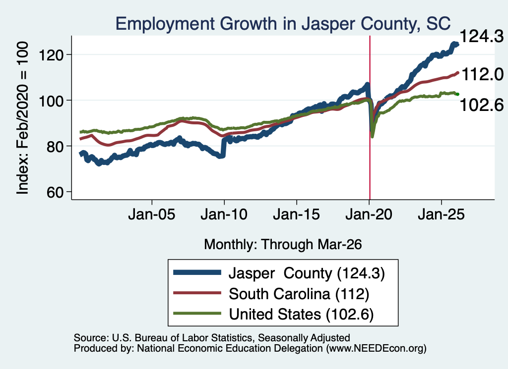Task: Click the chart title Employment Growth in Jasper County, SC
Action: click(x=283, y=24)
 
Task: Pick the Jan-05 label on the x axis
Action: click(x=152, y=214)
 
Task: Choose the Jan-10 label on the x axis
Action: click(x=224, y=214)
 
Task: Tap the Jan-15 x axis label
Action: click(x=297, y=214)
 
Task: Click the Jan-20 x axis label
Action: click(x=369, y=214)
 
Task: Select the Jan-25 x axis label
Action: click(x=441, y=214)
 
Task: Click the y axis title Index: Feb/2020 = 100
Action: click(x=22, y=118)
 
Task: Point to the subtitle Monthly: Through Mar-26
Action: click(x=283, y=245)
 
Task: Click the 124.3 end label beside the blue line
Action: click(x=482, y=36)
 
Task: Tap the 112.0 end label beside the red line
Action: click(x=482, y=74)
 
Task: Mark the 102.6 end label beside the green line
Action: click(x=482, y=105)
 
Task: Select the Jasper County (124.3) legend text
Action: click(x=307, y=273)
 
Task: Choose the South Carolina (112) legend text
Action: click(x=299, y=294)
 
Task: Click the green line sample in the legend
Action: click(x=197, y=314)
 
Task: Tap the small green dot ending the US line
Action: click(x=457, y=94)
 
